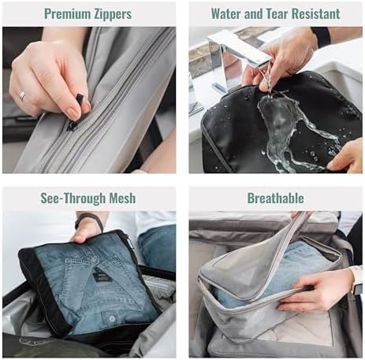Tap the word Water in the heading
click(x=226, y=13)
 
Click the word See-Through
click(x=73, y=199)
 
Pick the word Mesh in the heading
click(x=123, y=199)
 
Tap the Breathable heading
click(x=276, y=199)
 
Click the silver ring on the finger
click(x=22, y=95)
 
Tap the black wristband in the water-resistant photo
click(x=320, y=38)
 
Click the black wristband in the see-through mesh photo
click(x=89, y=221)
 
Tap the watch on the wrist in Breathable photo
click(x=356, y=279)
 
